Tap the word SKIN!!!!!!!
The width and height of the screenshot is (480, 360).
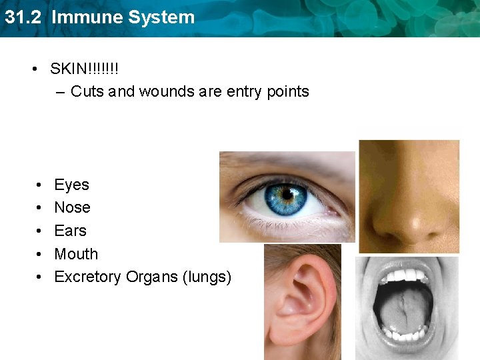[85, 69]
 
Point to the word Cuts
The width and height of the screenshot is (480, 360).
[87, 91]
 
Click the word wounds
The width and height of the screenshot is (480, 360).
[166, 91]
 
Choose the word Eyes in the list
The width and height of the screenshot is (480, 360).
[71, 185]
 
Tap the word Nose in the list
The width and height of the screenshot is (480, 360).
[72, 207]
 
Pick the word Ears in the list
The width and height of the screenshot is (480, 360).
[70, 231]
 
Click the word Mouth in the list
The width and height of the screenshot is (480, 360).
[76, 254]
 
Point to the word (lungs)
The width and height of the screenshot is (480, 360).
[207, 277]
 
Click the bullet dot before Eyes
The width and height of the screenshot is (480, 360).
[41, 185]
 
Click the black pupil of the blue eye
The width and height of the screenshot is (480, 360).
[287, 195]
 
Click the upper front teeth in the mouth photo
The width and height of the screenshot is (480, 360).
[406, 275]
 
